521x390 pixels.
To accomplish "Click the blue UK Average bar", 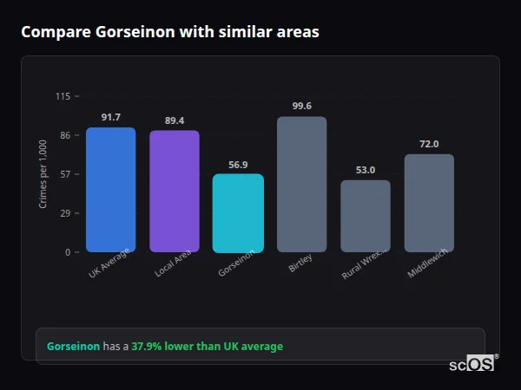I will (110, 190).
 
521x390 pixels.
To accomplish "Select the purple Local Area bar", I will (175, 192).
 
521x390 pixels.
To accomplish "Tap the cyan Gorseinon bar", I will (238, 213).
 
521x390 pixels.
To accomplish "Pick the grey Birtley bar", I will (301, 185).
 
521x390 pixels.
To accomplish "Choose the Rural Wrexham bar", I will (366, 216).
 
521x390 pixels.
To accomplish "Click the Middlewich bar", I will (429, 203).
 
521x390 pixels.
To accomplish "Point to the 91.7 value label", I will (110, 117).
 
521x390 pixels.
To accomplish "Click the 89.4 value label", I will (175, 120).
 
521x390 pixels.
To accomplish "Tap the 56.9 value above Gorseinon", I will (238, 164).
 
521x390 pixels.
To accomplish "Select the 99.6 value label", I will (301, 107).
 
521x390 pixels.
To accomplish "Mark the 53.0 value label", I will (366, 170).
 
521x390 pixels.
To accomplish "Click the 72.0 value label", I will (429, 144).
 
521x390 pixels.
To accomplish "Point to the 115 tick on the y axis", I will (63, 96).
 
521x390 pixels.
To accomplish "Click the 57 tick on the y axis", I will (65, 174).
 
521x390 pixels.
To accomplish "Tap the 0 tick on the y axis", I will (68, 252).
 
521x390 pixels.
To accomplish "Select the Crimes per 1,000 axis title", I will (43, 174).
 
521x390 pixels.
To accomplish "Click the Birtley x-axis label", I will (300, 264).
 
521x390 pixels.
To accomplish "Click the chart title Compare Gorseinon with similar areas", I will (170, 32).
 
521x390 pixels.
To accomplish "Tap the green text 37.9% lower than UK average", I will (207, 347).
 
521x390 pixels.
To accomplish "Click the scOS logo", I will (472, 364).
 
